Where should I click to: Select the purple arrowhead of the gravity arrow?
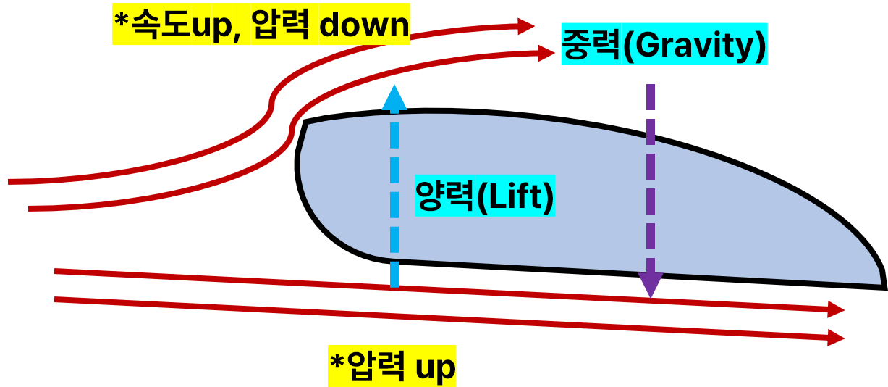pos(651,286)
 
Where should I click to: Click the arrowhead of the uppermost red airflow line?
pos(526,26)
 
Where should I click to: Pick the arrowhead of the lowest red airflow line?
pos(837,338)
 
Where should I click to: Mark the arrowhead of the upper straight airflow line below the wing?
pos(837,309)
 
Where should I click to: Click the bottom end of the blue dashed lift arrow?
pos(394,286)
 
